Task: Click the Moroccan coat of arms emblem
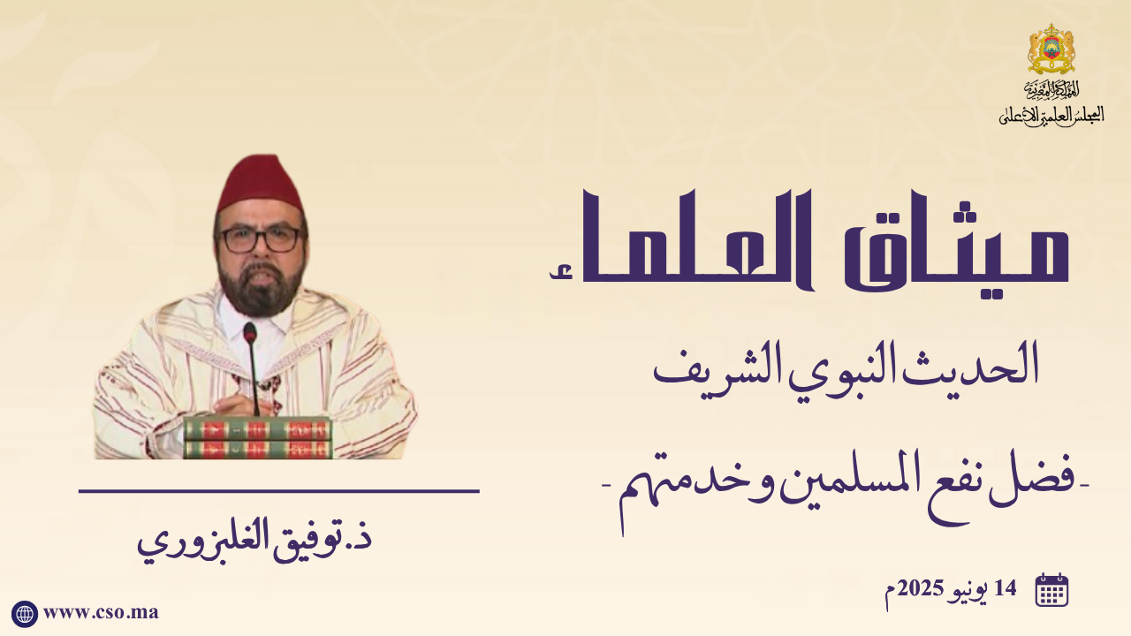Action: click(1051, 49)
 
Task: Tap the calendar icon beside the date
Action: click(1051, 589)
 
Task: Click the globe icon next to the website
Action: click(24, 614)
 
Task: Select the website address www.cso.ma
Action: click(101, 613)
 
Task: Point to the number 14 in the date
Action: click(1005, 588)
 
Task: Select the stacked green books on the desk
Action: click(257, 437)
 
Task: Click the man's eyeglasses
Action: click(260, 239)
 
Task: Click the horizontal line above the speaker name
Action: click(278, 490)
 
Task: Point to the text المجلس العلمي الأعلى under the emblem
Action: click(1051, 116)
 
